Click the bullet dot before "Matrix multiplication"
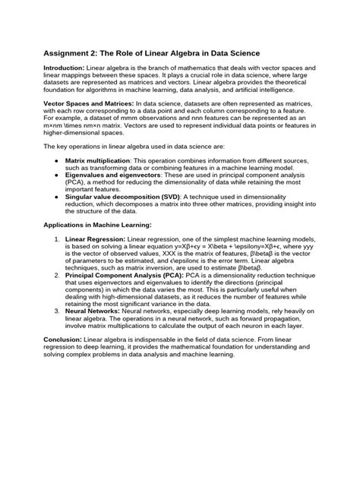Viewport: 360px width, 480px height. pos(58,162)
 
